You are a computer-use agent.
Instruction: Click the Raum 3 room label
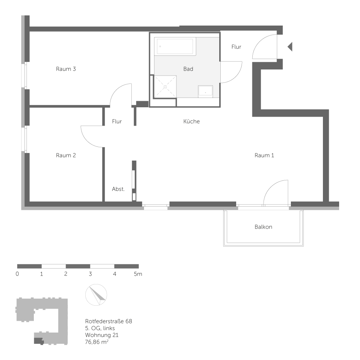point(66,69)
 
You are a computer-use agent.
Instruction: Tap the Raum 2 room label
point(66,156)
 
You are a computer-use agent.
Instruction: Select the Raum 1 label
point(265,156)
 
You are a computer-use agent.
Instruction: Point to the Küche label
point(192,122)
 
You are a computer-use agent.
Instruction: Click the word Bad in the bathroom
point(188,69)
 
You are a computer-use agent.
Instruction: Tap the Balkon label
point(264,227)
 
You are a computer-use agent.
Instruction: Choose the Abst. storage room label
point(118,189)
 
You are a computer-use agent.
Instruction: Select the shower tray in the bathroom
point(165,86)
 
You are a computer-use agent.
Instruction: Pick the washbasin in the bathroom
point(206,91)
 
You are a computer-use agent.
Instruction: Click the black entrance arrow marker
point(290,46)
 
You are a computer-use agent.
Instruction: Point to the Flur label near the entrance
point(236,47)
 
